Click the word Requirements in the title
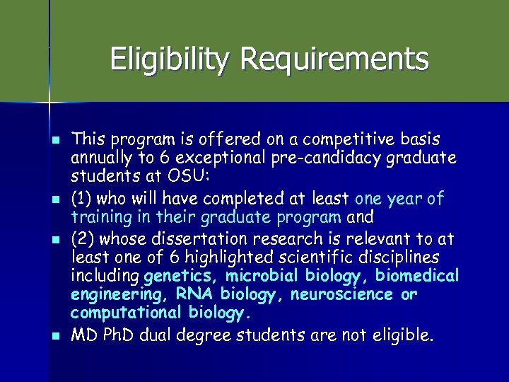point(334,59)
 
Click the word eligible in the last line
point(404,336)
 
